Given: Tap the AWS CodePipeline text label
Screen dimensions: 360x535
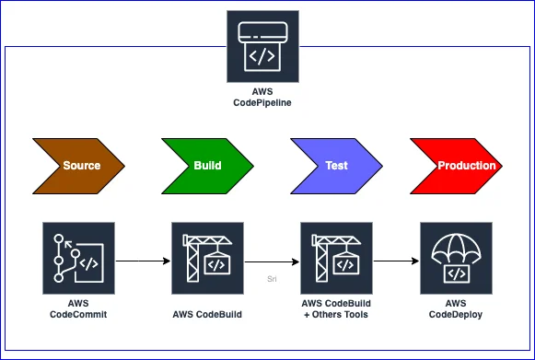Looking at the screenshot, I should [x=262, y=99].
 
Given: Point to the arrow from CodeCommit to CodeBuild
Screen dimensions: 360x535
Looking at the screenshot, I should [x=143, y=258].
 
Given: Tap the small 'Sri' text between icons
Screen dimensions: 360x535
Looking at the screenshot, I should [x=272, y=275].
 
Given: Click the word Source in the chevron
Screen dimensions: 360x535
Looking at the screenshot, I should [x=81, y=166].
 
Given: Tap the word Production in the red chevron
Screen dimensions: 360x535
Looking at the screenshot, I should [x=467, y=166].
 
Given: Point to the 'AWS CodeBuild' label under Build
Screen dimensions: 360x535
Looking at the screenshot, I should [x=207, y=314].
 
